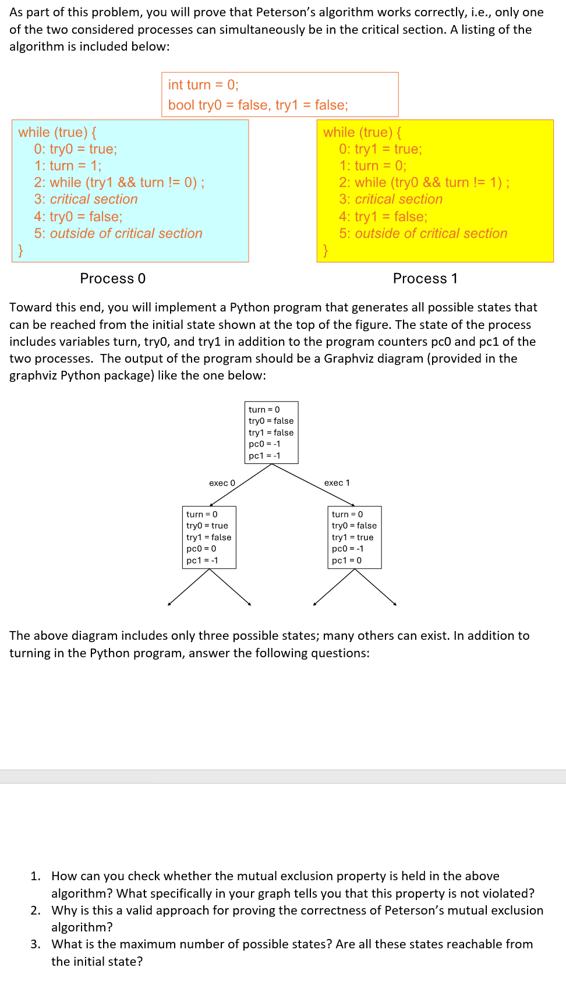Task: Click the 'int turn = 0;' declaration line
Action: pos(203,85)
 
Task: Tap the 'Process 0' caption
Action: pos(112,279)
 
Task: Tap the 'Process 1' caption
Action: pos(425,279)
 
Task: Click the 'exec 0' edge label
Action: pos(222,483)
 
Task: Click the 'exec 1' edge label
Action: pos(337,483)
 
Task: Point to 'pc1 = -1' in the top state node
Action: pos(264,456)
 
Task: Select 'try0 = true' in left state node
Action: pos(207,526)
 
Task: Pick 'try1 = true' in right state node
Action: pos(352,537)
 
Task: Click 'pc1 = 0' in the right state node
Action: pos(346,561)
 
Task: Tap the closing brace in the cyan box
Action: pos(20,250)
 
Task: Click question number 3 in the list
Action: pos(36,944)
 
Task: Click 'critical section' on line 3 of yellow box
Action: pos(398,200)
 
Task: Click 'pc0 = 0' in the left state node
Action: pos(201,549)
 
